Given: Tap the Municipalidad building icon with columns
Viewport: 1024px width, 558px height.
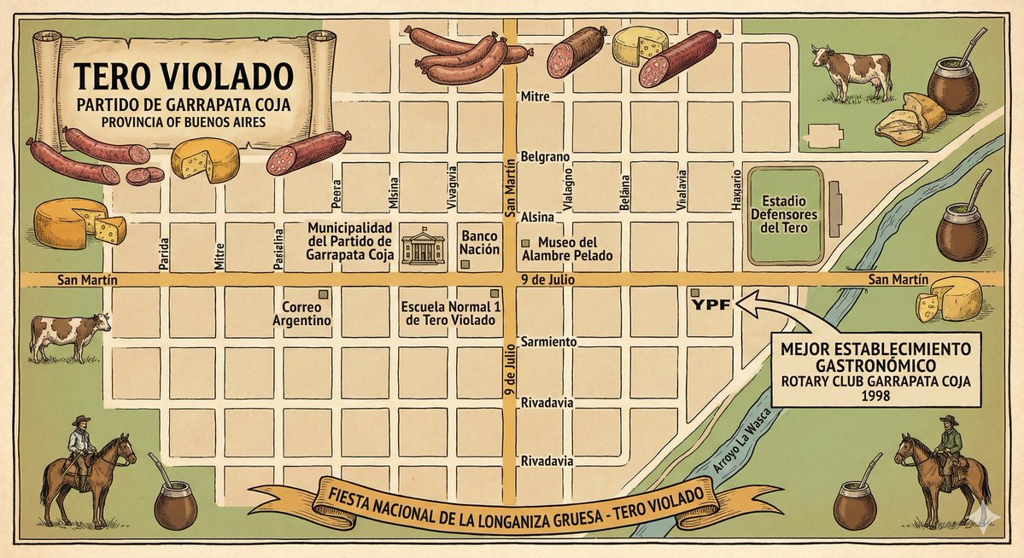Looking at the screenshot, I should [x=422, y=247].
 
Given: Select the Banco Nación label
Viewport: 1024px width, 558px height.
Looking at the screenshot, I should [x=480, y=242].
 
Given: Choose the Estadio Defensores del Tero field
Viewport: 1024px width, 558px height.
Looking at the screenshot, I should [x=784, y=214].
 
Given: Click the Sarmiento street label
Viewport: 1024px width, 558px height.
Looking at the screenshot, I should [x=548, y=342].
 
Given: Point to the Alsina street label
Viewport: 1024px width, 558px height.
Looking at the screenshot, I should [x=538, y=217].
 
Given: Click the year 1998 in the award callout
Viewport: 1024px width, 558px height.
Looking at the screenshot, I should [x=875, y=398].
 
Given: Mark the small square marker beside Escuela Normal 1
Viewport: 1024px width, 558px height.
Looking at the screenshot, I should [x=494, y=293].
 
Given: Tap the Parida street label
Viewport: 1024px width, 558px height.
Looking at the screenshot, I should [x=163, y=254].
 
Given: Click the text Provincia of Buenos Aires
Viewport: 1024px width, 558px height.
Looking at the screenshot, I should [x=182, y=122].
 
